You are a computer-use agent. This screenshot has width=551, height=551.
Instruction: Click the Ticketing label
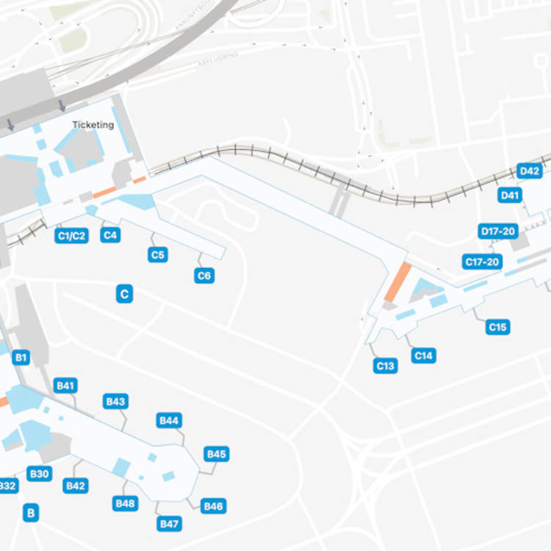click(x=93, y=125)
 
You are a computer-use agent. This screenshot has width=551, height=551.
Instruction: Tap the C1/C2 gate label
click(x=71, y=236)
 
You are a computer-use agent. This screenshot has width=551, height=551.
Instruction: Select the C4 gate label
click(x=110, y=236)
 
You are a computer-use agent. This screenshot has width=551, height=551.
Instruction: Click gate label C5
click(x=157, y=255)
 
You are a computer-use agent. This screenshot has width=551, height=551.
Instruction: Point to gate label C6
click(x=204, y=276)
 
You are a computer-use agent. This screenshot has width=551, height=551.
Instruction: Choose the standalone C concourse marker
click(x=125, y=295)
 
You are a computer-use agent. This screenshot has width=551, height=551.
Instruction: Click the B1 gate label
click(x=21, y=358)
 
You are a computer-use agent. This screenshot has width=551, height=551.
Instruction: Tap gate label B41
click(x=66, y=386)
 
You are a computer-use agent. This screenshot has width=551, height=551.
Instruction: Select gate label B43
click(x=116, y=402)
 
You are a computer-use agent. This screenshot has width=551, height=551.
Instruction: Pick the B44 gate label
click(x=170, y=421)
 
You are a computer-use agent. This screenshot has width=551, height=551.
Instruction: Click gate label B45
click(x=217, y=454)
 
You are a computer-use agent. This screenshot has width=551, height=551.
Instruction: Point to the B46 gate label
click(x=213, y=506)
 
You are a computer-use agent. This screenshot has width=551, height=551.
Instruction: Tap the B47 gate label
click(x=170, y=524)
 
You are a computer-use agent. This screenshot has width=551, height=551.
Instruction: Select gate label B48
click(x=125, y=503)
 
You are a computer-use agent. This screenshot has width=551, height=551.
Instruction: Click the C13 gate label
click(x=386, y=365)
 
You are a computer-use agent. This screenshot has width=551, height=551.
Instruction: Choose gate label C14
click(x=424, y=356)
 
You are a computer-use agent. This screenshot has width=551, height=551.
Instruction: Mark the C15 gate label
click(x=498, y=327)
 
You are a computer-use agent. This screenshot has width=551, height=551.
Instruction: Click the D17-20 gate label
click(x=498, y=231)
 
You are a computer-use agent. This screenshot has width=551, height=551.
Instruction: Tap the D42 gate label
click(x=529, y=171)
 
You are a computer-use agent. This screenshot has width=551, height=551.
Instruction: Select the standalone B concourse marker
click(x=31, y=513)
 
